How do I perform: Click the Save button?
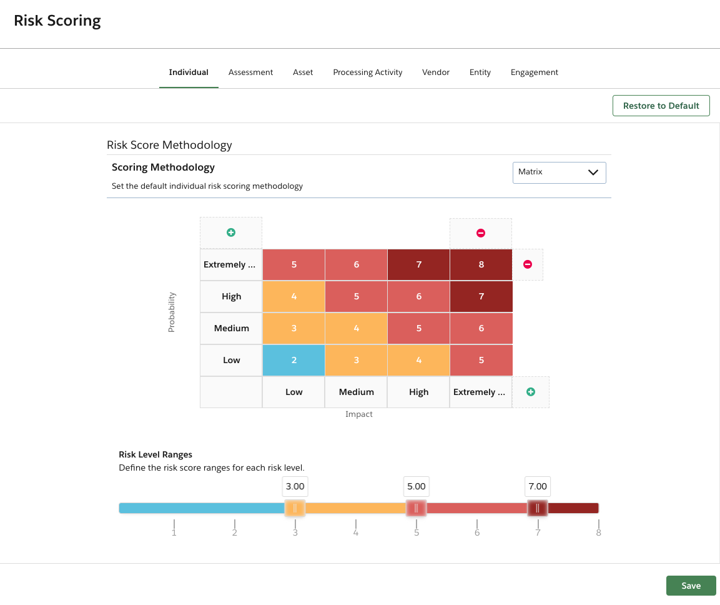691,586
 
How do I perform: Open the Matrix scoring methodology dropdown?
559,172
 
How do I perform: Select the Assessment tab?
250,72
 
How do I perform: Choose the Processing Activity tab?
367,72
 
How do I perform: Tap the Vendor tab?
436,72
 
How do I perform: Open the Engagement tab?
534,72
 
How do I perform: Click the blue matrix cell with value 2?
293,361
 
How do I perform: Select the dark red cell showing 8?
481,264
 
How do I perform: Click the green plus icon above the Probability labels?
231,232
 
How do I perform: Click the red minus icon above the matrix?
481,233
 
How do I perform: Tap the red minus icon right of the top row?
528,264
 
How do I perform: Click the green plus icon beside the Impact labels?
531,392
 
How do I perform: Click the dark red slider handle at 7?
537,507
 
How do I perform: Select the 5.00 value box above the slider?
416,486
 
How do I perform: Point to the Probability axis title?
172,312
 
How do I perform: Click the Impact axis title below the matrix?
358,414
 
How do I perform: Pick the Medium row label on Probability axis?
231,329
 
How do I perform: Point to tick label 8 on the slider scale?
598,533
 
